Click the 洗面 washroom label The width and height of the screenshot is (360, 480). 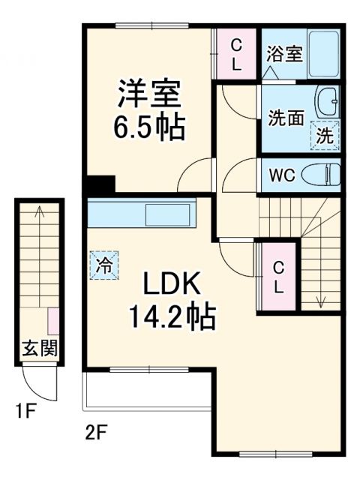coord(284,118)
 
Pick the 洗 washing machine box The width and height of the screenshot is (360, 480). coord(325,136)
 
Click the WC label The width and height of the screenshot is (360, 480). coord(282,176)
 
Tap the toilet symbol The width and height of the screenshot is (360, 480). coord(322,175)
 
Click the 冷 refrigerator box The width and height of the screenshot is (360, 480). coord(105,265)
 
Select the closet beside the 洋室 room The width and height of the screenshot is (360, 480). coord(235,53)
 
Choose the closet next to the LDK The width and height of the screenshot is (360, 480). coord(277,276)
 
